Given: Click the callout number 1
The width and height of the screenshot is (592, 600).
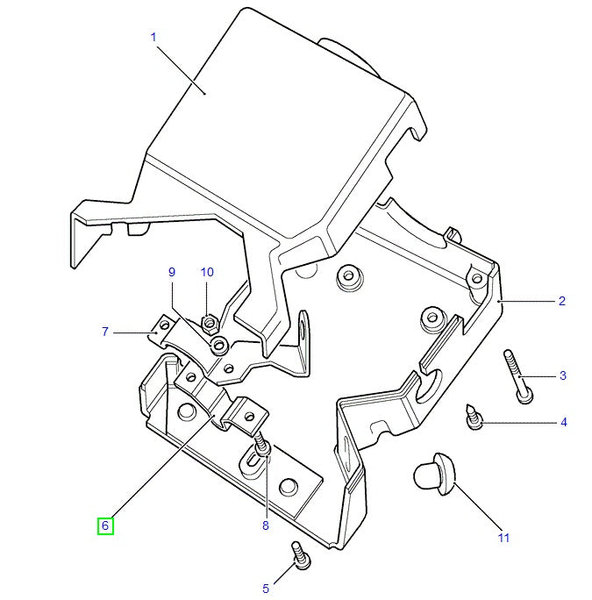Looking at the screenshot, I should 153,37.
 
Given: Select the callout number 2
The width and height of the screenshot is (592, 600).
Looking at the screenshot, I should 562,302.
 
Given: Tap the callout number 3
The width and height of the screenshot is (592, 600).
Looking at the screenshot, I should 562,375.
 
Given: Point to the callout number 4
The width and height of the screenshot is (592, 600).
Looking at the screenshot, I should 563,422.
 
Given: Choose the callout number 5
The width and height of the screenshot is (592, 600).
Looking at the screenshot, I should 266,589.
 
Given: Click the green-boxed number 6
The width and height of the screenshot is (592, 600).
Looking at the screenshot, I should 104,526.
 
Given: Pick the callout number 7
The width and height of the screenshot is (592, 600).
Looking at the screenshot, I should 105,332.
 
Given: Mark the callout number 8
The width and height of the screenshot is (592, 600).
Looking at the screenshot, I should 266,525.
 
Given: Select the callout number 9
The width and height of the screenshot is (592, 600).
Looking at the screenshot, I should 172,273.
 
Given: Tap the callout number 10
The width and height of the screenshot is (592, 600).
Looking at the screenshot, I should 207,273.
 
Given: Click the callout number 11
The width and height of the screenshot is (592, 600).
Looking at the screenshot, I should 503,538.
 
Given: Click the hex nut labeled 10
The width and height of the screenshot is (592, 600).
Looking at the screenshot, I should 210,324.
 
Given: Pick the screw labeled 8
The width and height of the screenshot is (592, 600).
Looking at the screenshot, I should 261,448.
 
